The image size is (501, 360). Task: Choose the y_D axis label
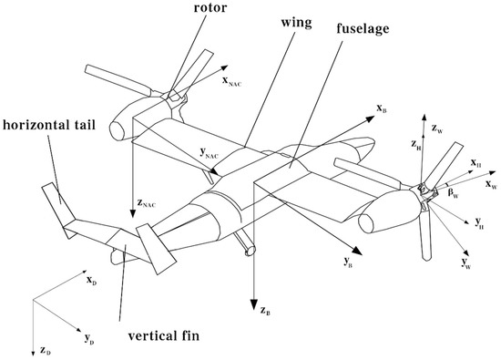[89, 339]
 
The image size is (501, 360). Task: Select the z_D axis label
[46, 349]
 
